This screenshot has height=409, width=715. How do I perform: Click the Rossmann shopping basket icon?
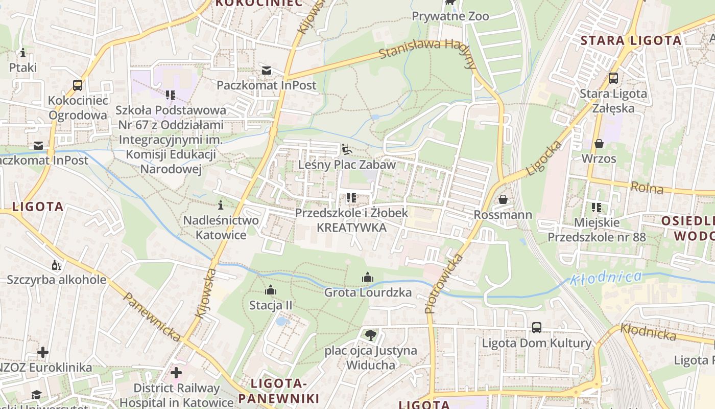tap(503, 199)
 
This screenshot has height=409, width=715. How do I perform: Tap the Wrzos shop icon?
tap(599, 144)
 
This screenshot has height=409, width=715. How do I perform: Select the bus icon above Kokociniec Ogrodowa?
tap(78, 85)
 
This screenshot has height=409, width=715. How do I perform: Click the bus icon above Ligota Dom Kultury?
tap(536, 328)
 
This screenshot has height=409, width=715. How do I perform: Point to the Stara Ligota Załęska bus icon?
tap(613, 78)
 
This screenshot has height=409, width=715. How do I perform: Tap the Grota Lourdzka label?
tap(368, 293)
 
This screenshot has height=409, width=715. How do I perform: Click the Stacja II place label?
tap(271, 305)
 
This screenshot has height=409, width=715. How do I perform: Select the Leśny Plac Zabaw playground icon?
tap(347, 149)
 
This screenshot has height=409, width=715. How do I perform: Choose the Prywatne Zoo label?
tap(450, 16)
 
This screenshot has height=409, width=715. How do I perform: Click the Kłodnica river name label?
tap(606, 278)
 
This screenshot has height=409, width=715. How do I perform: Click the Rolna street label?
tap(647, 188)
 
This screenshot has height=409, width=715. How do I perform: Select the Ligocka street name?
tap(544, 158)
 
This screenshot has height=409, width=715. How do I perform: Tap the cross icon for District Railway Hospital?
tap(176, 373)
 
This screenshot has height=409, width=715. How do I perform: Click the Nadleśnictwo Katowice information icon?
tap(221, 205)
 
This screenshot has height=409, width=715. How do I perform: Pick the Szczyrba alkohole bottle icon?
tap(56, 265)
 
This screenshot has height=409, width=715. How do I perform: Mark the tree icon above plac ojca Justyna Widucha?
tap(370, 335)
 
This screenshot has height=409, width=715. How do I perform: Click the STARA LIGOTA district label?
tap(631, 40)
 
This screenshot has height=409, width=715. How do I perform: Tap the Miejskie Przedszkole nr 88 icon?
tap(597, 208)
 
